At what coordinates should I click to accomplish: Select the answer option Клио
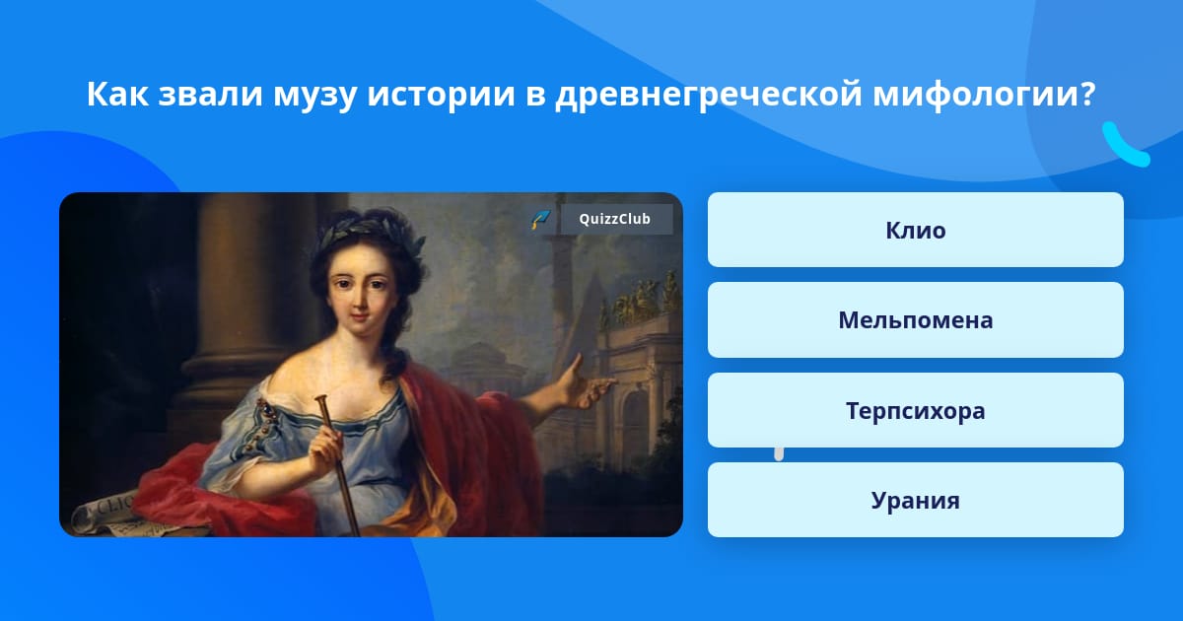tap(915, 230)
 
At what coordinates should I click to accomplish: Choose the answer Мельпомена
tap(915, 320)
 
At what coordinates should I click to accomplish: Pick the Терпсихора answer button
tap(915, 410)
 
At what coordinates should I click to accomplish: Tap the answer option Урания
tap(915, 500)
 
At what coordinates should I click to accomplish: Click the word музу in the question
tap(314, 95)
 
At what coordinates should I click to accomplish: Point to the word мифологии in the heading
tap(985, 95)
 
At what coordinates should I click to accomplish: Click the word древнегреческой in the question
tap(709, 95)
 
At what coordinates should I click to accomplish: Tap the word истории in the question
tap(441, 94)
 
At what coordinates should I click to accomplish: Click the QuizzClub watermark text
tap(615, 219)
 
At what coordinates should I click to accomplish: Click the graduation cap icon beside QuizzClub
tap(540, 219)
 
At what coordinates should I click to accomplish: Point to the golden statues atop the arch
tap(638, 298)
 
